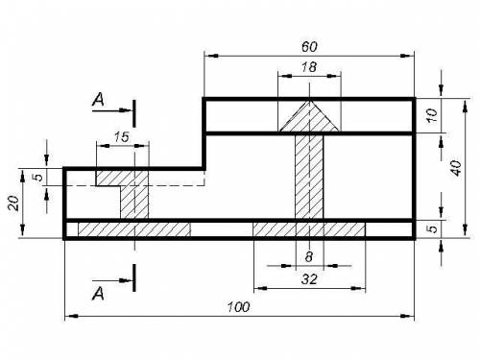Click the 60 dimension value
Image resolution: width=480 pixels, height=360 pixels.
tap(309, 47)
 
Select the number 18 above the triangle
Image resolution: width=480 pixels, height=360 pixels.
tap(309, 67)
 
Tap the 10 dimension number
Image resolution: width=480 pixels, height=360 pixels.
tap(432, 115)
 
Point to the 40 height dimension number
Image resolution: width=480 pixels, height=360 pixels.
tap(456, 168)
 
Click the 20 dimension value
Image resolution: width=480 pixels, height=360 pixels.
tap(13, 203)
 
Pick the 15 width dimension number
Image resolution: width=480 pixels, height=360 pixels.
tap(121, 137)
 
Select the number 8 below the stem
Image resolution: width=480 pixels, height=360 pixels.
tap(309, 256)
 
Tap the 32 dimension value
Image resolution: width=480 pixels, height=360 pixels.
tap(309, 279)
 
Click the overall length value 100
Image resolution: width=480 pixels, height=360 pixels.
tap(238, 307)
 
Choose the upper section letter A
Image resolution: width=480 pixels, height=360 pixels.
tap(98, 100)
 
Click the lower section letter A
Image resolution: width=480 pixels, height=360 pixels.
tap(98, 294)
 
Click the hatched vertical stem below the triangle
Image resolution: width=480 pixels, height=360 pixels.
tap(309, 177)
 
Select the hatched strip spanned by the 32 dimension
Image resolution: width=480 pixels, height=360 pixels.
tap(309, 229)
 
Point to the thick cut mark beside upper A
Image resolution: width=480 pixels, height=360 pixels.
tap(134, 113)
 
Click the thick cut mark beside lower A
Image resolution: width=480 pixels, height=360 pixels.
tap(134, 277)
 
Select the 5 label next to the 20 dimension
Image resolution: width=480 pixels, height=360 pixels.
tap(38, 177)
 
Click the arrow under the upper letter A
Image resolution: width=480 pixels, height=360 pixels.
tap(111, 110)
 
